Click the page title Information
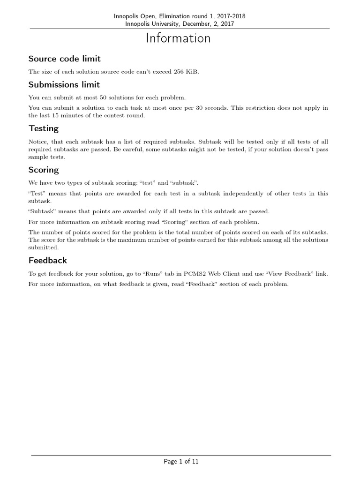178,38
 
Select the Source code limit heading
64,59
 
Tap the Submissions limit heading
64,84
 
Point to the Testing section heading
44,128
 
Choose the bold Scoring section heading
44,170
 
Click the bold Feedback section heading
47,260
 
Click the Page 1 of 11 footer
181,462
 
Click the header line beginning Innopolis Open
180,16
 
